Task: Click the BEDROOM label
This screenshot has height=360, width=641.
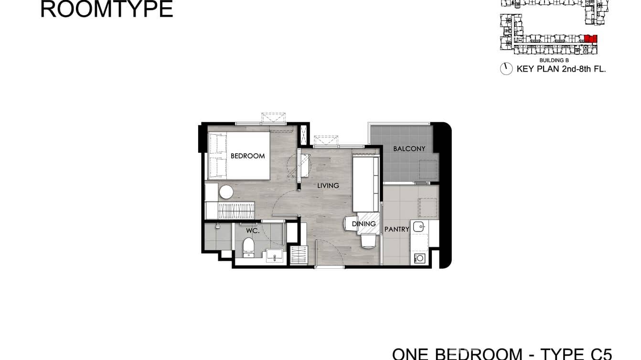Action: [x=247, y=156]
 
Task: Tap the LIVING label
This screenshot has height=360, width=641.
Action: [x=328, y=185]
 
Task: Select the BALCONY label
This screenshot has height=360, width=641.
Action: [x=409, y=148]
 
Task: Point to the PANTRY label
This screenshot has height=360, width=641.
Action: [x=397, y=229]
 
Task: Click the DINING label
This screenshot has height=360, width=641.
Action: [x=364, y=223]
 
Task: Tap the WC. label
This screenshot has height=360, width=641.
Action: [x=252, y=231]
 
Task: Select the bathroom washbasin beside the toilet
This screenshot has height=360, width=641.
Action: [x=274, y=256]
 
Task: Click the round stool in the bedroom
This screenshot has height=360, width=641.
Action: [x=226, y=192]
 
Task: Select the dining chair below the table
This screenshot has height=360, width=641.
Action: [x=368, y=241]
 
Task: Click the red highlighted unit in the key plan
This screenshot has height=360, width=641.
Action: [x=591, y=39]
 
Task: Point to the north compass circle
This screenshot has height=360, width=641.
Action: [x=506, y=69]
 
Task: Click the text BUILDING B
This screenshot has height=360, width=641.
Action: [x=554, y=61]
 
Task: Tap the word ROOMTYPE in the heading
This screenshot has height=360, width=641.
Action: [x=107, y=9]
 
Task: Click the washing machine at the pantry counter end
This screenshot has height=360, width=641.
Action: [x=420, y=258]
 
